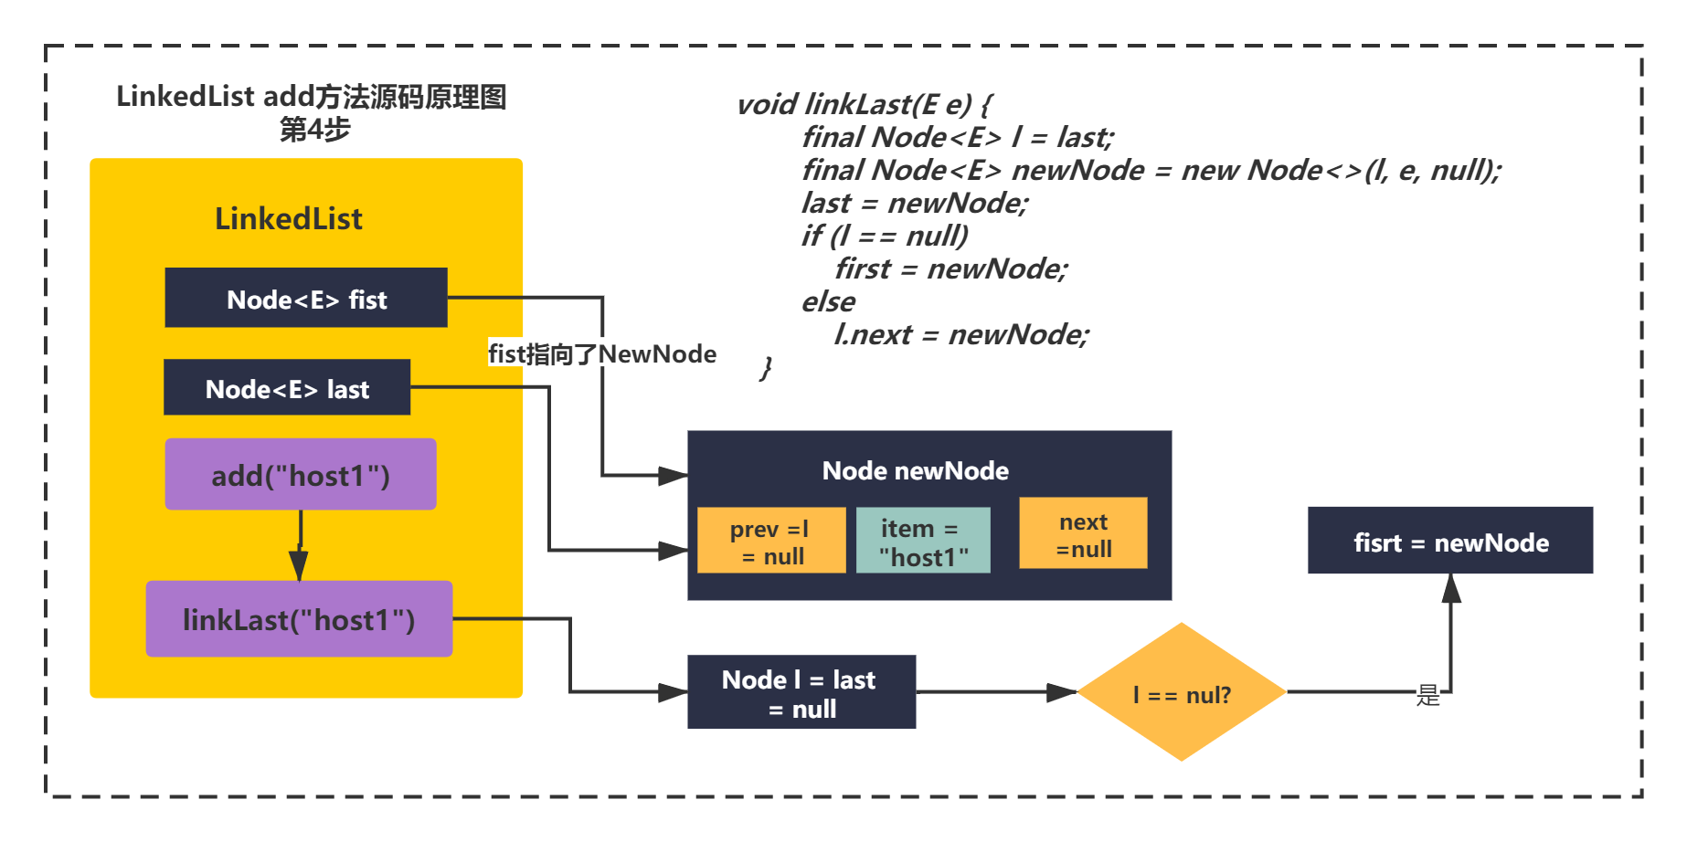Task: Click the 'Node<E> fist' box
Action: (306, 298)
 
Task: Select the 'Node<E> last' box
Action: (287, 387)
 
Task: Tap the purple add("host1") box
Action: (301, 474)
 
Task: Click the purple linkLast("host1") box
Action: (299, 619)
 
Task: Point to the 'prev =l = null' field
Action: (771, 541)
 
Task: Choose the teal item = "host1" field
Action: (923, 541)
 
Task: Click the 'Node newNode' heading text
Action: (916, 471)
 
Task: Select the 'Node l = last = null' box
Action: (801, 692)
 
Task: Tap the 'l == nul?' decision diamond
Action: (1182, 692)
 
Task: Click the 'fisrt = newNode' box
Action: (1450, 541)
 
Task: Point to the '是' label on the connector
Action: (1427, 696)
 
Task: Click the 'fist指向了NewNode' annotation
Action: (602, 354)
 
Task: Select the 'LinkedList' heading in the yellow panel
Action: (289, 219)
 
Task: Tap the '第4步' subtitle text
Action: (314, 130)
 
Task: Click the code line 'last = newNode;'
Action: (915, 203)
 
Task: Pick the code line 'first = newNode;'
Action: (950, 268)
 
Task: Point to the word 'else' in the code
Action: (829, 301)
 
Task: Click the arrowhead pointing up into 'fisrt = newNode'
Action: (1451, 588)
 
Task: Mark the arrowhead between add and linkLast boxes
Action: (299, 564)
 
